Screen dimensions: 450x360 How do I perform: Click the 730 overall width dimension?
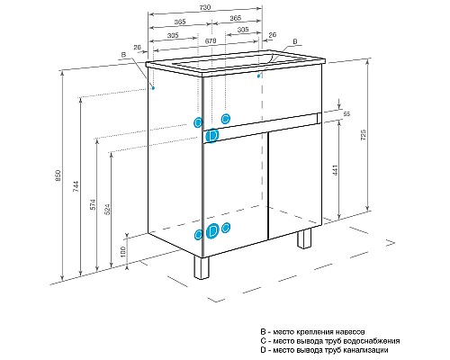pyautogui.click(x=205, y=7)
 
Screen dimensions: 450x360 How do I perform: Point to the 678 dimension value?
pyautogui.click(x=211, y=41)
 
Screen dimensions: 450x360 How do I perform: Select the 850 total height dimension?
pyautogui.click(x=58, y=175)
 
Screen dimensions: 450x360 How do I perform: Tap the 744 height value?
pyautogui.click(x=76, y=186)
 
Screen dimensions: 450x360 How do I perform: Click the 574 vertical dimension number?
pyautogui.click(x=94, y=204)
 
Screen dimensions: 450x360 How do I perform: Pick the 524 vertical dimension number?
pyautogui.click(x=108, y=210)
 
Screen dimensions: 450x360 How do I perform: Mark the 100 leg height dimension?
pyautogui.click(x=123, y=252)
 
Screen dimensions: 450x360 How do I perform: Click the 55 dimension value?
pyautogui.click(x=346, y=114)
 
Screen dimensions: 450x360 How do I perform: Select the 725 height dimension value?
pyautogui.click(x=364, y=135)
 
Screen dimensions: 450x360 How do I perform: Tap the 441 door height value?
pyautogui.click(x=336, y=170)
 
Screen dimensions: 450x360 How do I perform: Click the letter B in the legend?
pyautogui.click(x=263, y=332)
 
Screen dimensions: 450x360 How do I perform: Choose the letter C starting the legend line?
pyautogui.click(x=263, y=341)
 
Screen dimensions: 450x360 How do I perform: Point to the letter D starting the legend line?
pyautogui.click(x=263, y=350)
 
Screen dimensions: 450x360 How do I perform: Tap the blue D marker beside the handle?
pyautogui.click(x=212, y=136)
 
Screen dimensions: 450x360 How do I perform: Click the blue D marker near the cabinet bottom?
pyautogui.click(x=212, y=231)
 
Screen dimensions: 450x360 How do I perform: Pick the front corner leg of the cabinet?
pyautogui.click(x=202, y=267)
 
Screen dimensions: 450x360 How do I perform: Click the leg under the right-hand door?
pyautogui.click(x=304, y=238)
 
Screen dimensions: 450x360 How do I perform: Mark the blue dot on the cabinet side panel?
pyautogui.click(x=153, y=88)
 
